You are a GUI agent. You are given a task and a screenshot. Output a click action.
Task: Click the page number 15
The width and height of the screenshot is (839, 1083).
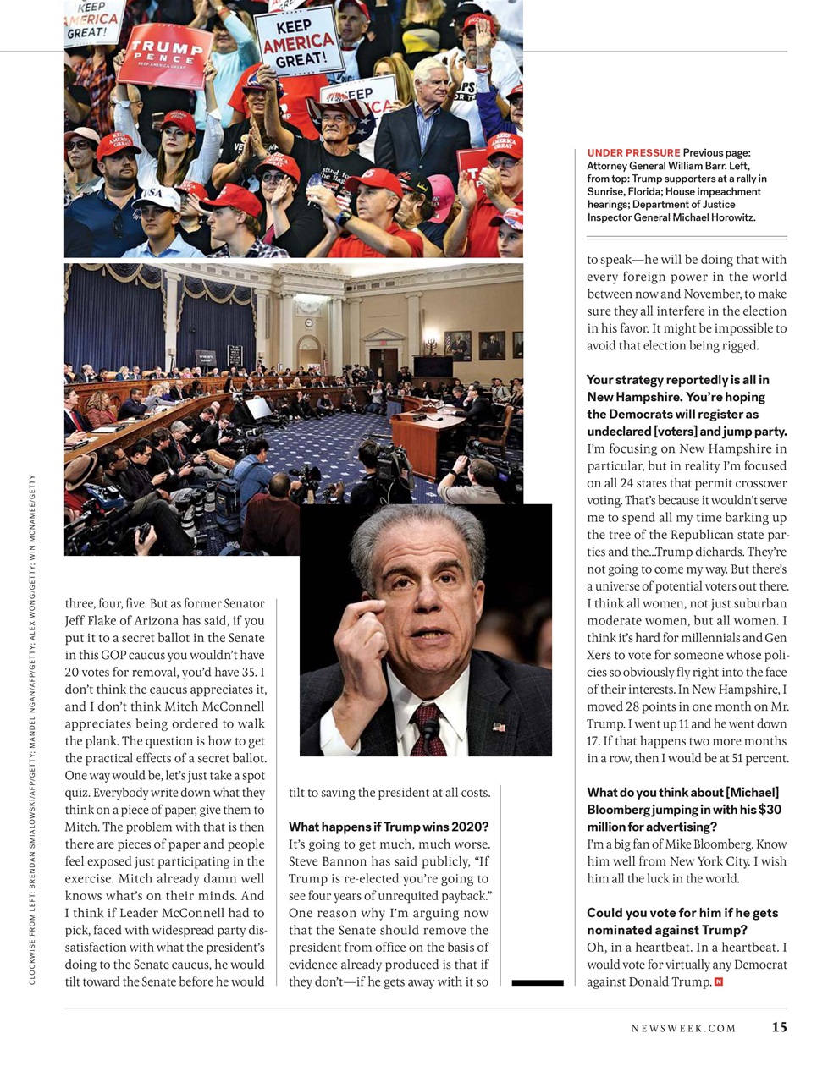(779, 1027)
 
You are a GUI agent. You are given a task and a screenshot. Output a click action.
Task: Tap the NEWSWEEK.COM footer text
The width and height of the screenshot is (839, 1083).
(683, 1028)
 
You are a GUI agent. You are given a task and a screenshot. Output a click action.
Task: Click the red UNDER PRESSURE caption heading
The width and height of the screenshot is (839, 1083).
(633, 153)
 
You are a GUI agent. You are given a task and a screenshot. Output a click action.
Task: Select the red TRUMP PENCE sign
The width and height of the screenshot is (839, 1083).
(165, 55)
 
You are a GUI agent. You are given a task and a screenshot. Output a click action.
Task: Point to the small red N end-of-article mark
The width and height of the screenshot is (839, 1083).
(719, 981)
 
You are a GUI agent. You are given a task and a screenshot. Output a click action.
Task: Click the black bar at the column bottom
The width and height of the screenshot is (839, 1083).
(538, 982)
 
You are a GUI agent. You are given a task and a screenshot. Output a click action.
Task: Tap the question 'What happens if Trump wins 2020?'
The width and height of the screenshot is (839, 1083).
(389, 827)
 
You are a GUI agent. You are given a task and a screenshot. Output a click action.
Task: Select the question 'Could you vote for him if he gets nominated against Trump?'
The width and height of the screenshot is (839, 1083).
(682, 921)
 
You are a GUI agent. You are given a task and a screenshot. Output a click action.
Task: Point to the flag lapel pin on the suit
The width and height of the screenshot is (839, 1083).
(499, 726)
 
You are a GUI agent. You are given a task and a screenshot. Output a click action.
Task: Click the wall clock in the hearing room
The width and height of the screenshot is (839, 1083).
(309, 322)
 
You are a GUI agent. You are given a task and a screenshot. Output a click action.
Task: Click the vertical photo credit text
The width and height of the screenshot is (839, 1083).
(32, 728)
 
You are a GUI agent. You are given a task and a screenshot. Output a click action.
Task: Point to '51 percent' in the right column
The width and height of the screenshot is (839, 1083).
(759, 758)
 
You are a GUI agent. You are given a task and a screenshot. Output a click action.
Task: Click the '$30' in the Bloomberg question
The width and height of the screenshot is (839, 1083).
(770, 810)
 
